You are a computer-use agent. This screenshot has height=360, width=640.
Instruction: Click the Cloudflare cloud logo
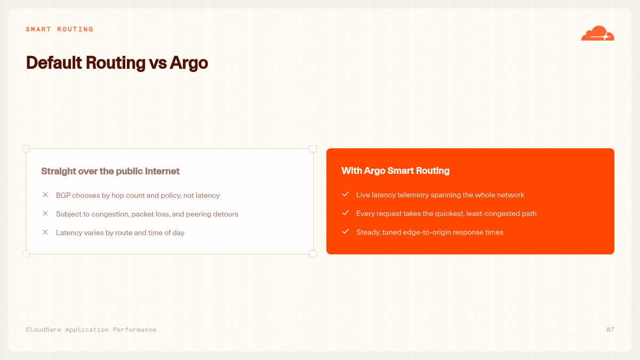point(597,33)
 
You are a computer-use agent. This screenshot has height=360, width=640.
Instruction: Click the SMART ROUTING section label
point(59,29)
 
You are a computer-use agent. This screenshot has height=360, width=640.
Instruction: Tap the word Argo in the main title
point(189,63)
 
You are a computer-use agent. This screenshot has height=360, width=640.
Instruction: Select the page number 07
point(610,330)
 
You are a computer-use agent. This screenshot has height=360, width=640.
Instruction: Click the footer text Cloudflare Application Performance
point(91,330)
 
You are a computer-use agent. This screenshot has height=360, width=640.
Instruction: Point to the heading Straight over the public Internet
point(110,171)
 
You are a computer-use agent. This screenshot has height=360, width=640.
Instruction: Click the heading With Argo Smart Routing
point(395,171)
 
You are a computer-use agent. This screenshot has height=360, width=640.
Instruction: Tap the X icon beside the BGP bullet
point(45,195)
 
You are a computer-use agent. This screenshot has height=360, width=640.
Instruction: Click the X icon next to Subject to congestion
point(45,213)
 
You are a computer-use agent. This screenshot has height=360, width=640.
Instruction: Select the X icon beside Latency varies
point(45,232)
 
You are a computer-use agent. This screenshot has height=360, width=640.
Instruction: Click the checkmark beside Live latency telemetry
point(346,194)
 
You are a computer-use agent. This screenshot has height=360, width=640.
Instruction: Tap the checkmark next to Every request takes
point(346,213)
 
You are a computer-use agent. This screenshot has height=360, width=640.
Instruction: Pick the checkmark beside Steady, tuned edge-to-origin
point(346,231)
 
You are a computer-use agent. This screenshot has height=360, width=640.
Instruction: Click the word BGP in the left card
point(63,195)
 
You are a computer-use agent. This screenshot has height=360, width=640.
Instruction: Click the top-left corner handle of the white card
point(26,149)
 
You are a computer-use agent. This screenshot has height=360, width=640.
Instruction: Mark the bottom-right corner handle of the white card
point(313,254)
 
